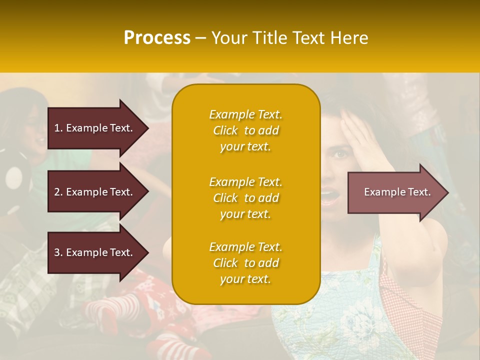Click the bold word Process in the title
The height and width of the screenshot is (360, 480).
pyautogui.click(x=157, y=38)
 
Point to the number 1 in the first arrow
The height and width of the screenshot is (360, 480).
pyautogui.click(x=57, y=128)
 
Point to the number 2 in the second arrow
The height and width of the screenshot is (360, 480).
pyautogui.click(x=57, y=192)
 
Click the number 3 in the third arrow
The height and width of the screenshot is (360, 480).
pyautogui.click(x=57, y=252)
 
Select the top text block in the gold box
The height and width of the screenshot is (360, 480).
pyautogui.click(x=245, y=130)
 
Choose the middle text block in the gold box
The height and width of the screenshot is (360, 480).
pyautogui.click(x=245, y=198)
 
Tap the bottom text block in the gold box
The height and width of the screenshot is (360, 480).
pyautogui.click(x=245, y=263)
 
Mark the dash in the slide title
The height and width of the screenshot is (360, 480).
pyautogui.click(x=200, y=38)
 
